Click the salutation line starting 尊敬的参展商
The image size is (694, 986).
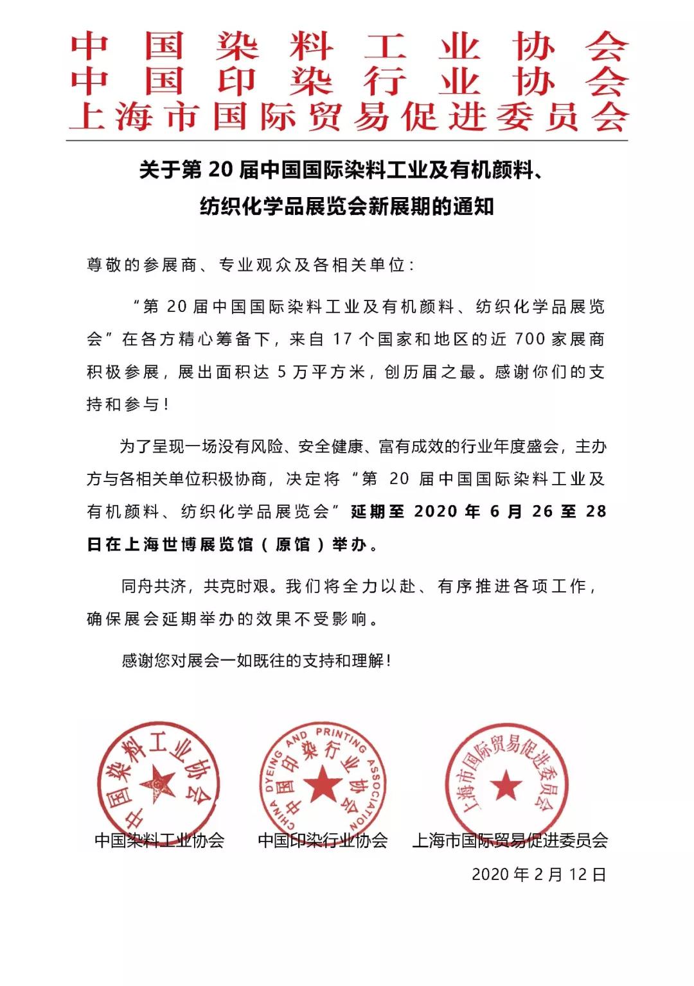coord(251,264)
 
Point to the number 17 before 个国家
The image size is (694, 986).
coord(343,339)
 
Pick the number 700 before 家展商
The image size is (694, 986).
coord(529,339)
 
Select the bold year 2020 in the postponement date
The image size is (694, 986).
coord(436,512)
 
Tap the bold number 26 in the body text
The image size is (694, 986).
coord(542,512)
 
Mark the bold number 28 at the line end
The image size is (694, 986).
coord(596,512)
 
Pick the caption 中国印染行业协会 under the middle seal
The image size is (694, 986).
coord(323,840)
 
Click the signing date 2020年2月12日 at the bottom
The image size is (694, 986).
coord(538,874)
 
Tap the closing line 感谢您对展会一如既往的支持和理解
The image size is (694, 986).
coord(256,661)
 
